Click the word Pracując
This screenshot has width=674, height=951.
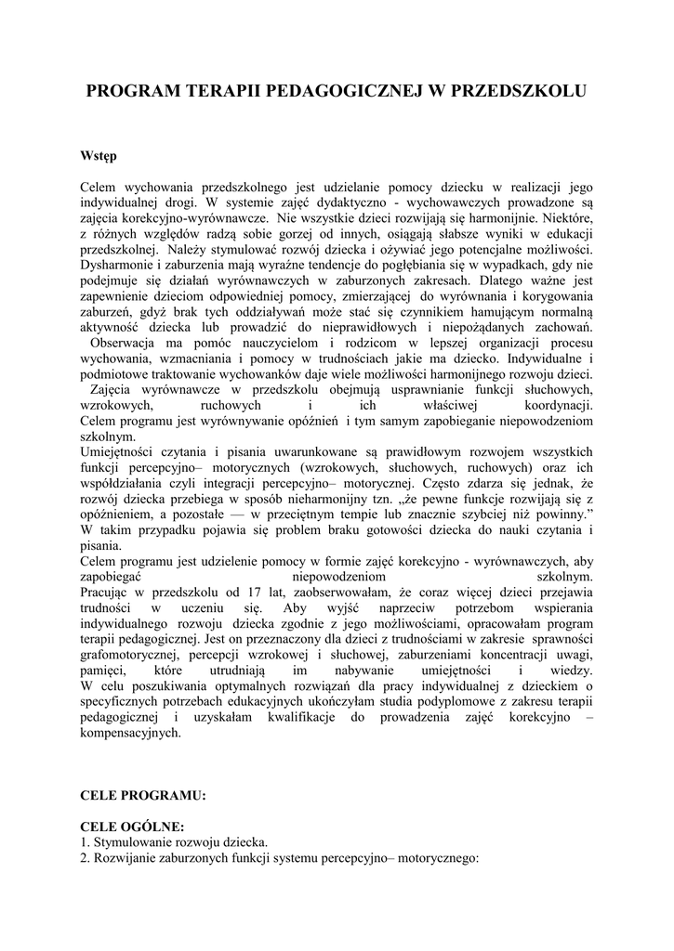[108, 593]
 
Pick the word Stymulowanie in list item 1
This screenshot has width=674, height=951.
[133, 842]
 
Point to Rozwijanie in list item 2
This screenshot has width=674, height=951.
[125, 858]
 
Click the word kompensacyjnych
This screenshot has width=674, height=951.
[131, 733]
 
